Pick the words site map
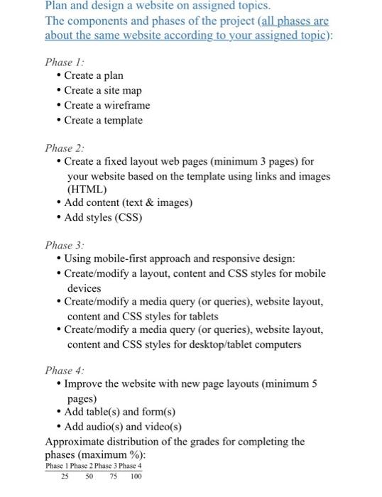(121, 90)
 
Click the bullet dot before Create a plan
(58, 75)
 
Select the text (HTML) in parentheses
(87, 190)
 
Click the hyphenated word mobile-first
(123, 259)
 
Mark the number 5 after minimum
(314, 384)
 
